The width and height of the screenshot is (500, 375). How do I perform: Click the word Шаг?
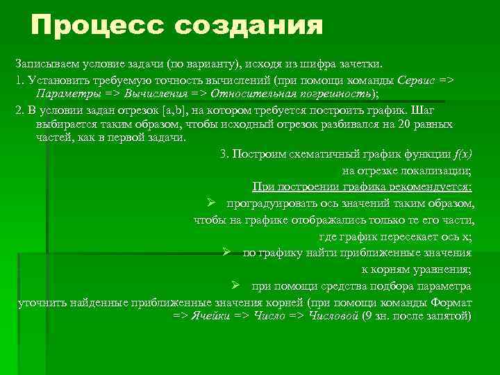(x=423, y=110)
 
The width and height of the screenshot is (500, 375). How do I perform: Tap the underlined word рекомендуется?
(x=430, y=187)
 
